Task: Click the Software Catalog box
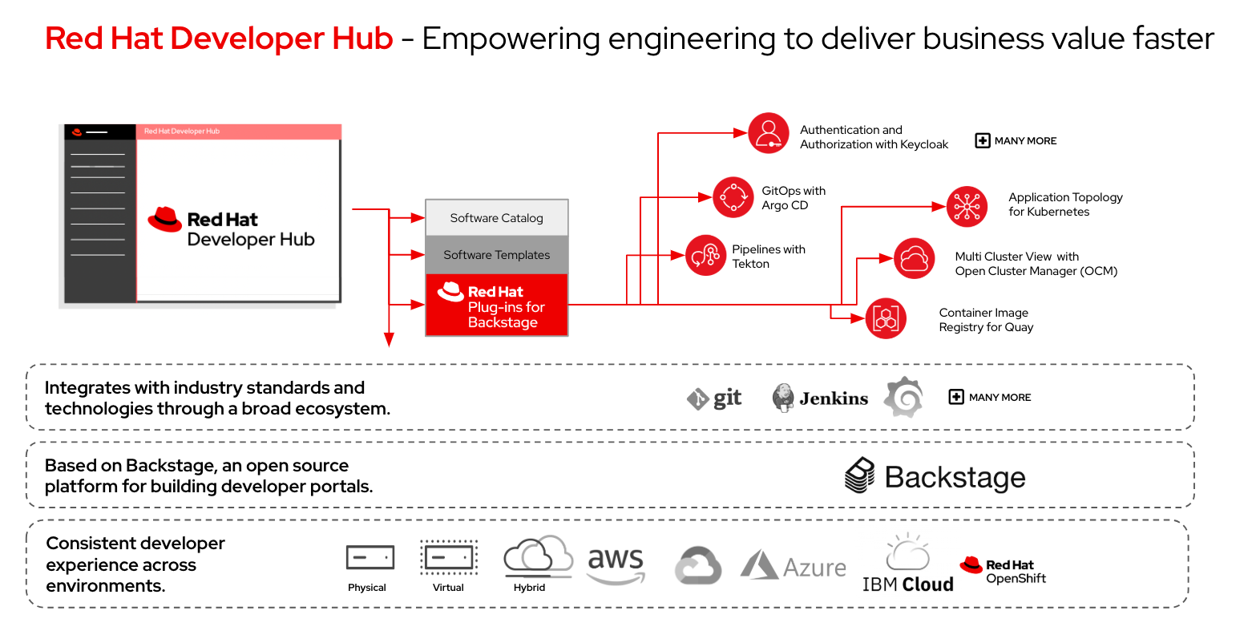tap(496, 218)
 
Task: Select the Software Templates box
tap(496, 255)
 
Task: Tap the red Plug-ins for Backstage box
tap(496, 305)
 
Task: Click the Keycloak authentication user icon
tap(769, 133)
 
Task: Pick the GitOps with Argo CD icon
tap(733, 197)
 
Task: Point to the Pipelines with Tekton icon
tap(705, 256)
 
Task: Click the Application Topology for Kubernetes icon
tap(967, 206)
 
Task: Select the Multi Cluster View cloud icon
tap(914, 258)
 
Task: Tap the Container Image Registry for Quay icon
tap(886, 318)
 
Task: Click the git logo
tap(714, 398)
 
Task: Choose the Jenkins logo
tap(819, 398)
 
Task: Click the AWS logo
tap(616, 564)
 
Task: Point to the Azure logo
tap(793, 566)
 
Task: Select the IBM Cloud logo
tap(907, 564)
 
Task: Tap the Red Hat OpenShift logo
tap(1003, 570)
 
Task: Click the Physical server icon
tap(370, 557)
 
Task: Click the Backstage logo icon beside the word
tap(860, 475)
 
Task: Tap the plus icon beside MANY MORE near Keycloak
tap(982, 141)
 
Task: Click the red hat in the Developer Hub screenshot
tap(165, 219)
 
